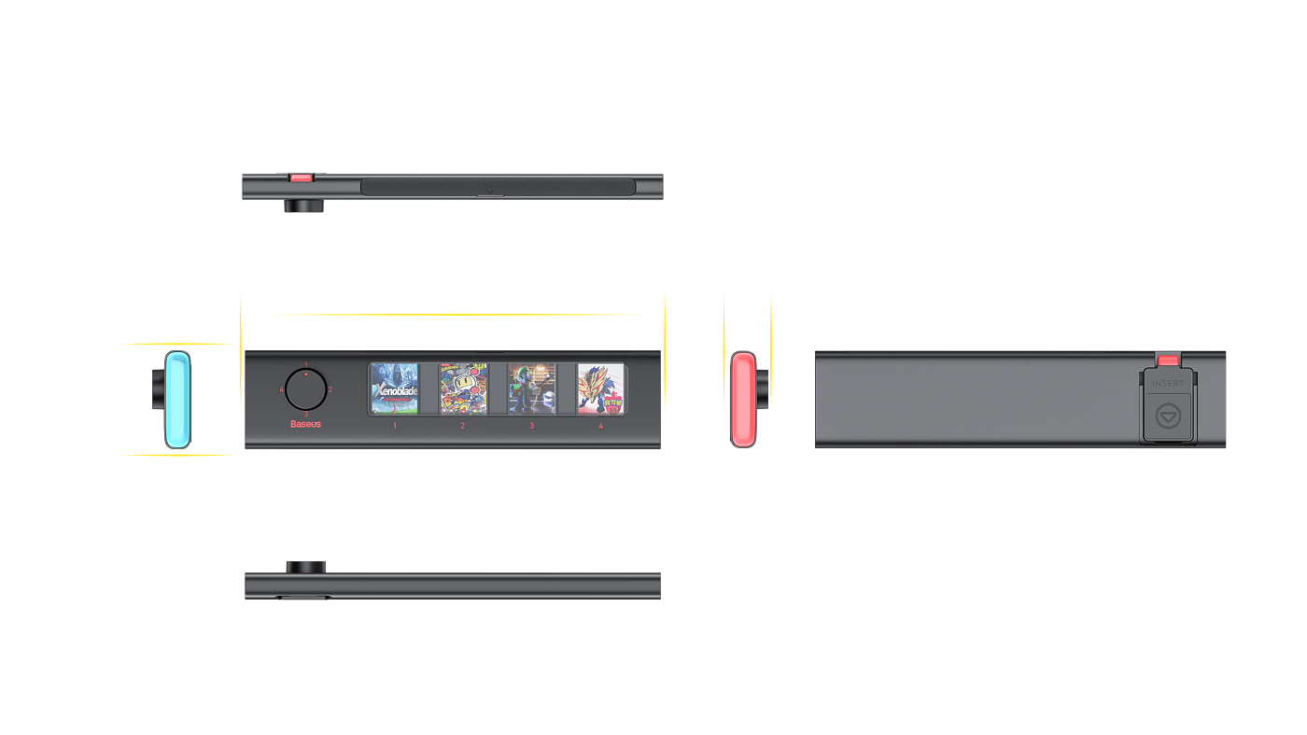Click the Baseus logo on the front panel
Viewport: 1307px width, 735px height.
305,424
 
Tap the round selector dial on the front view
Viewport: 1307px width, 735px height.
305,389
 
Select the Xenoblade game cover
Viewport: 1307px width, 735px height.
394,389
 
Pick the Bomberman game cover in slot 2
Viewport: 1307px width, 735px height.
463,389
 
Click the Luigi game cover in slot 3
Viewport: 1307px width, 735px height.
532,389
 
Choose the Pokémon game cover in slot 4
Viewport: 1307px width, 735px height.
600,389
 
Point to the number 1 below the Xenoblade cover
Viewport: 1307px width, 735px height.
394,426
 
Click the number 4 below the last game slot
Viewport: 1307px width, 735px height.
600,426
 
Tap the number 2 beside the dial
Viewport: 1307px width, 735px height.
330,389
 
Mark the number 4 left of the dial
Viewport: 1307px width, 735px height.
281,389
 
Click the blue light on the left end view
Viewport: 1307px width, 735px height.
177,400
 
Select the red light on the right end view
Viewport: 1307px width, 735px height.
743,400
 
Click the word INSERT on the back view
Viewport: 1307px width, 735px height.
1167,384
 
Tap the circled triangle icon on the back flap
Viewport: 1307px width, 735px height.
1167,416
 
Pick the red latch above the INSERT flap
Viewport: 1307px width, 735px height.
1167,360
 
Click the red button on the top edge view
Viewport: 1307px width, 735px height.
301,177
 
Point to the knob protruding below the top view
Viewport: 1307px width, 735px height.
304,207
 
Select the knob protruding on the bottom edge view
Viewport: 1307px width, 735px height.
306,566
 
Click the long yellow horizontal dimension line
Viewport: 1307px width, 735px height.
457,315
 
